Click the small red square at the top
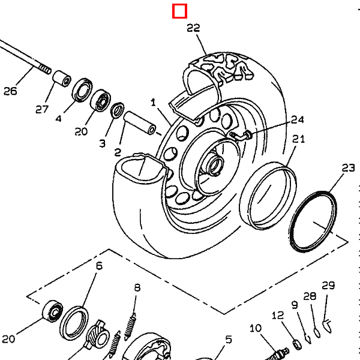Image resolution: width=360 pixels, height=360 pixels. [179, 11]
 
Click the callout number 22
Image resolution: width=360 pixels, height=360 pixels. [193, 28]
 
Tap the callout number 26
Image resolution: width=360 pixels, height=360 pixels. [11, 91]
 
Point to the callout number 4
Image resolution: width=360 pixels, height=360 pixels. [58, 119]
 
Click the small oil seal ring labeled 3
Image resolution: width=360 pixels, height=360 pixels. [118, 110]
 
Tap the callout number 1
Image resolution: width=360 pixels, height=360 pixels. [153, 103]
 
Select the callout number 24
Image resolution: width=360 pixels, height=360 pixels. [298, 119]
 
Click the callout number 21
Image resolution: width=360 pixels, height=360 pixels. [299, 139]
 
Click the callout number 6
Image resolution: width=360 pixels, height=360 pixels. [99, 265]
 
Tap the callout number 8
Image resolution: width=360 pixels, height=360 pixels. [137, 287]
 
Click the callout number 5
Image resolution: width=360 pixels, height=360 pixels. [228, 340]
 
